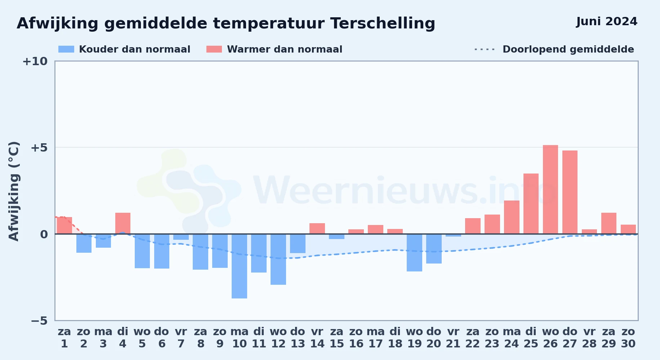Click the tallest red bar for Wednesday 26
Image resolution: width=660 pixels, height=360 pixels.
point(550,189)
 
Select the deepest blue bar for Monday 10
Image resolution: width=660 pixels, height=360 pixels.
point(239,266)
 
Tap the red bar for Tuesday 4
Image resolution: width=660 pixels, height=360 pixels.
point(123,223)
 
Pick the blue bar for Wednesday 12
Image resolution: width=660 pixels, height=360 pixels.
point(278,259)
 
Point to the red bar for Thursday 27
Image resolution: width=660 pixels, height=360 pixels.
point(570,192)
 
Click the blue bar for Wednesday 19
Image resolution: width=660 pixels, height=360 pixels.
point(414,253)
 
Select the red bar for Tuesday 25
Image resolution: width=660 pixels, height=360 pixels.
point(531,204)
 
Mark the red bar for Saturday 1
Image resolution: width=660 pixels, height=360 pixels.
point(64,225)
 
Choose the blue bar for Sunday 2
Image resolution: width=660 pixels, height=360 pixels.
point(84,243)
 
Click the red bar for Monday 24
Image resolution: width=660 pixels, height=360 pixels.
point(511,217)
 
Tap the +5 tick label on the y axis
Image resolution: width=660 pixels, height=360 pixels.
point(39,148)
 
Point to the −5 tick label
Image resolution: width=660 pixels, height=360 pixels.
point(39,320)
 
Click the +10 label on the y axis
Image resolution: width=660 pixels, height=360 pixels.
point(35,61)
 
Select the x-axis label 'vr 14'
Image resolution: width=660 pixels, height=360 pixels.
point(317,338)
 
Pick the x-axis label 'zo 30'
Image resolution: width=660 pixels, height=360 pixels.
point(628,338)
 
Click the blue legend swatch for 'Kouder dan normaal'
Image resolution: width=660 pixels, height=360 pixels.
point(66,49)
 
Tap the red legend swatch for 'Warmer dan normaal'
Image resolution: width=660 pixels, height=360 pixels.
point(214,49)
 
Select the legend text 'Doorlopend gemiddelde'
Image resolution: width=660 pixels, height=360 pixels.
point(568,49)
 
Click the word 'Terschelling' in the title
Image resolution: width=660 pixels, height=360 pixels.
point(383,23)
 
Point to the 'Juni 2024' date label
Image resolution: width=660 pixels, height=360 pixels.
point(607,22)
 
